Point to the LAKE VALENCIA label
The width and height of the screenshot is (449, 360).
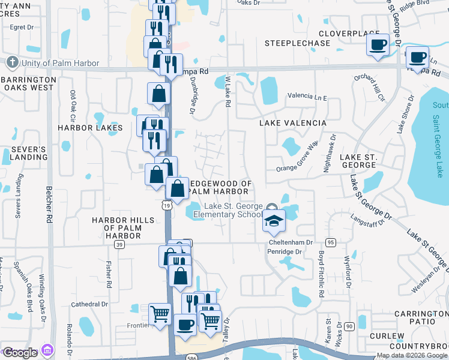293,123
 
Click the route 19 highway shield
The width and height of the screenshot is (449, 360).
167,205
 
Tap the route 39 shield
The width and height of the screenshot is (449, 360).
119,244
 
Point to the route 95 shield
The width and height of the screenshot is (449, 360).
331,242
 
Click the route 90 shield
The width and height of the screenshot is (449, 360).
349,326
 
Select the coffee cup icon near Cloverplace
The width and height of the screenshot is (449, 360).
378,45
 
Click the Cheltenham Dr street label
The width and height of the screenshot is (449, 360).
291,242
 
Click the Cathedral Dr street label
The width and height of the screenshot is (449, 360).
89,304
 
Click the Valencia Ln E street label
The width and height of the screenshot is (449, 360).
307,96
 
